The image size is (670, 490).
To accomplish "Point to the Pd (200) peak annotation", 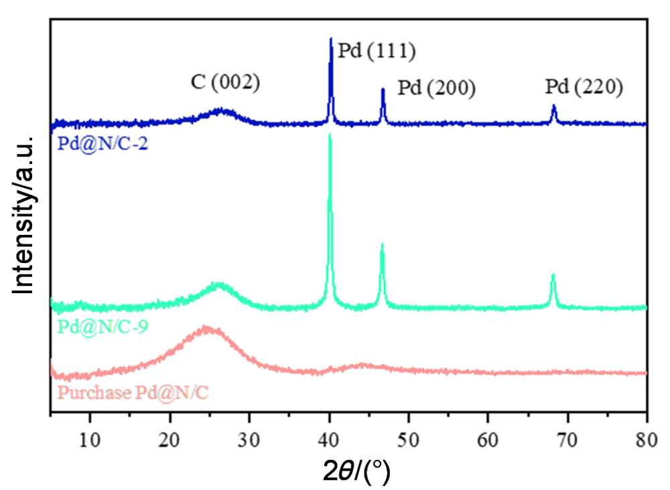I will tap(437, 88).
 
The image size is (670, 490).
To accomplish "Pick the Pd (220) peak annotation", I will tap(584, 86).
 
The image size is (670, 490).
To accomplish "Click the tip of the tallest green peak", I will tap(330, 135).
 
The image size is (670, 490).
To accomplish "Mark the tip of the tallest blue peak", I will tap(331, 39).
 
